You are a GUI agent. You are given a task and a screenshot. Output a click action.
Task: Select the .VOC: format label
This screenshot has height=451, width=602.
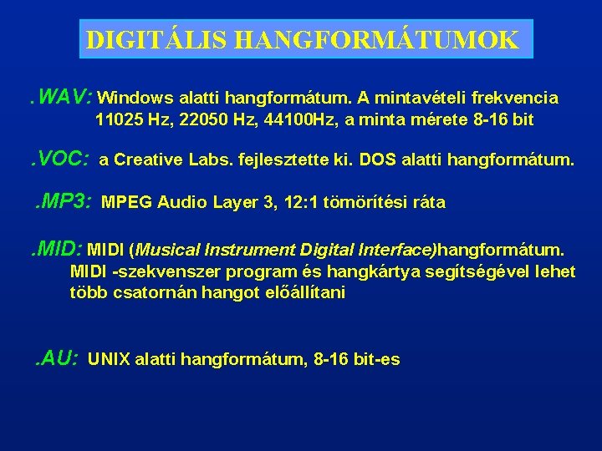pos(61,158)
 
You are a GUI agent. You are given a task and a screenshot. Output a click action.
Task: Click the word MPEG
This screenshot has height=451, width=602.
pos(125,202)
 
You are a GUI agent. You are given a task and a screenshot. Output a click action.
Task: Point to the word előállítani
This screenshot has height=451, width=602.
pos(299,293)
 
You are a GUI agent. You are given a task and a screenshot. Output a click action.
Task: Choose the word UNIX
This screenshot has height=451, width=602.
pos(109,360)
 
